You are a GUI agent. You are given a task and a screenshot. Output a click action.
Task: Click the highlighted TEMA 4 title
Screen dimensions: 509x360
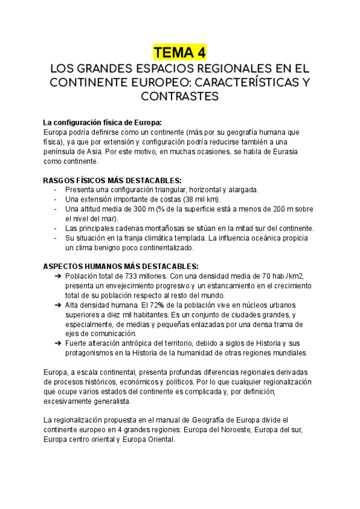pyautogui.click(x=180, y=52)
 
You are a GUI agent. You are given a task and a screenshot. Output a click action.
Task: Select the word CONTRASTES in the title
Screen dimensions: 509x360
pyautogui.click(x=180, y=95)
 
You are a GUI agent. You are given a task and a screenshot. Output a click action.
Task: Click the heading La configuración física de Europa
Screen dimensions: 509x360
pyautogui.click(x=103, y=122)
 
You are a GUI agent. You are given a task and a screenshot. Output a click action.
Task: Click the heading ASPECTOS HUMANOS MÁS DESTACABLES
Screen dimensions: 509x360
pyautogui.click(x=121, y=267)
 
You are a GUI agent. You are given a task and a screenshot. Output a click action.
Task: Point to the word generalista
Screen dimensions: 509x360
pyautogui.click(x=112, y=401)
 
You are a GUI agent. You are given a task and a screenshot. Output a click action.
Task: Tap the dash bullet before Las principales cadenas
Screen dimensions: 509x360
pyautogui.click(x=56, y=228)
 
